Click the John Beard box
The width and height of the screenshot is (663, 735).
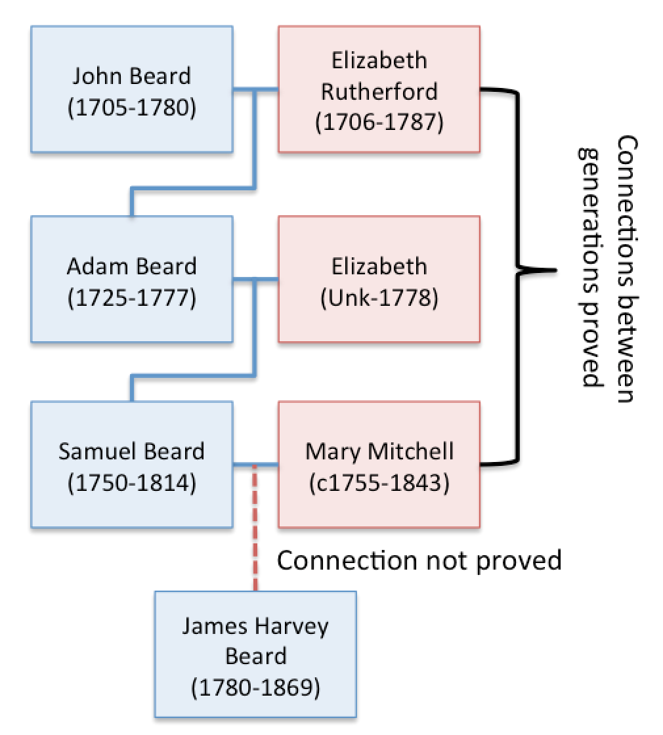(x=131, y=90)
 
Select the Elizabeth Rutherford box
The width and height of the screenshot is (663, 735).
(x=379, y=90)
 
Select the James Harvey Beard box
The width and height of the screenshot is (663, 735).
(x=255, y=656)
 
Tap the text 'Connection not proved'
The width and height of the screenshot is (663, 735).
(x=419, y=560)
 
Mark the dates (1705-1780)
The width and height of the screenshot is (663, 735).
(x=131, y=107)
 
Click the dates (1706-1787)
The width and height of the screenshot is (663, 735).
(x=379, y=121)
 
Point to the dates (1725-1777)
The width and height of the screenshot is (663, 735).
(x=131, y=297)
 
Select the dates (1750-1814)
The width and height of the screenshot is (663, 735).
(x=131, y=484)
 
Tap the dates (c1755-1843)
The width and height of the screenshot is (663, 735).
(x=379, y=484)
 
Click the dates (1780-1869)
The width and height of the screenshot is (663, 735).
(x=255, y=688)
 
